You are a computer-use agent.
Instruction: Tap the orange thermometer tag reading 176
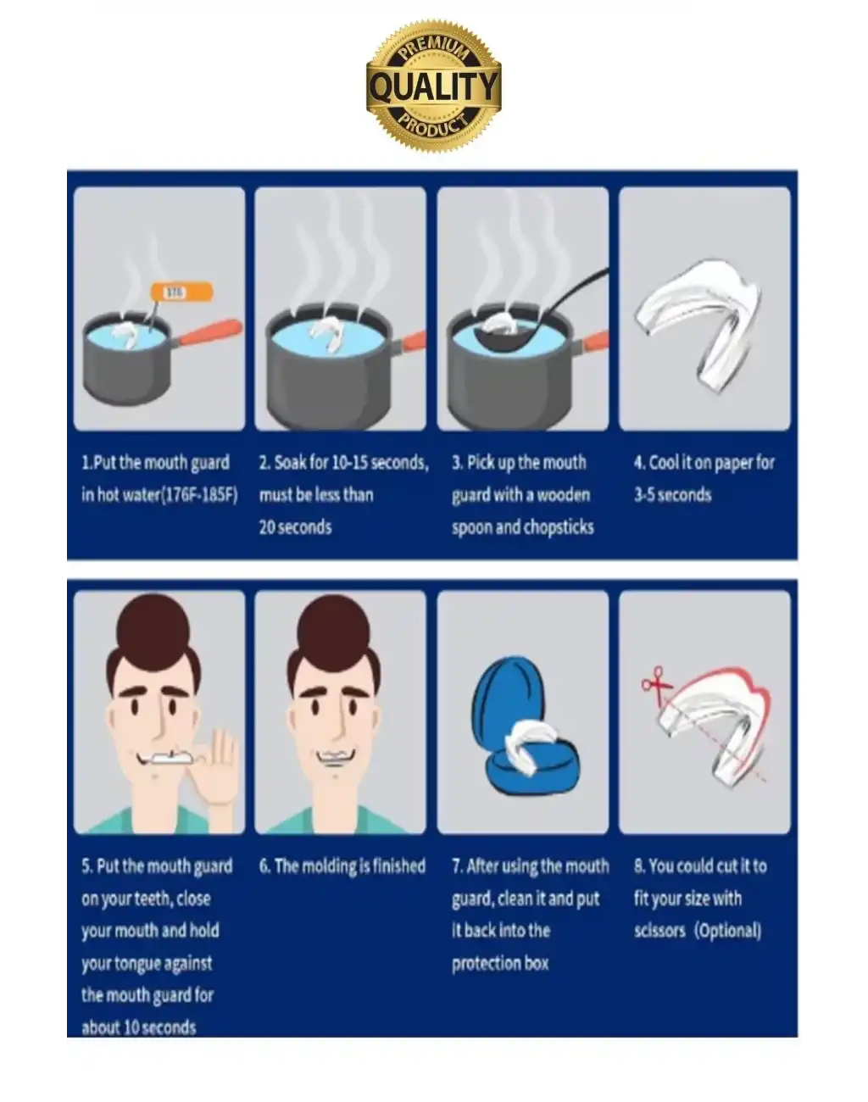coord(181,292)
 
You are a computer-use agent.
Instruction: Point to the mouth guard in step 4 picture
coord(698,323)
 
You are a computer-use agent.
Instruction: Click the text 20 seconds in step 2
coord(296,527)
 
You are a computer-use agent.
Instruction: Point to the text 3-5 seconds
coord(672,495)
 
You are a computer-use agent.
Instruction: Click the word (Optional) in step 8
coord(727,931)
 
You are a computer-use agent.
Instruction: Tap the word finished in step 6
coord(398,866)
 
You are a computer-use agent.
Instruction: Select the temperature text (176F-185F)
coord(200,495)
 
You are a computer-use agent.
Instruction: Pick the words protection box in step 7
coord(500,963)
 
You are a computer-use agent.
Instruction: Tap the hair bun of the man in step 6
coord(333,626)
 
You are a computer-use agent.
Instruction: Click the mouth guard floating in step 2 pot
coord(325,334)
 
